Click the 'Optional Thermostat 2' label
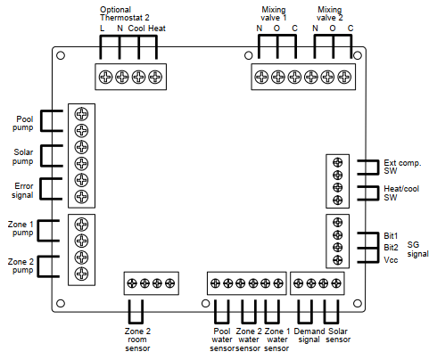[x=125, y=13]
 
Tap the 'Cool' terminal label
[x=136, y=29]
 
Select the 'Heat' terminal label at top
[x=157, y=29]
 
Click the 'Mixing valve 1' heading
[x=274, y=13]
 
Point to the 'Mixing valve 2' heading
[x=329, y=13]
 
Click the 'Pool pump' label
[x=23, y=123]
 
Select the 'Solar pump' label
[x=23, y=157]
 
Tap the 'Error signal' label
[x=22, y=191]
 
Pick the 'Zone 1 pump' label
[x=21, y=228]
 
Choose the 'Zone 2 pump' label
[x=21, y=266]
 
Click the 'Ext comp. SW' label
[x=402, y=167]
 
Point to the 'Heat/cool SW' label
[x=401, y=193]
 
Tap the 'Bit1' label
[x=391, y=236]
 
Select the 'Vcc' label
[x=391, y=260]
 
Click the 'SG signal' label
[x=418, y=250]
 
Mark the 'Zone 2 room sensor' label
[x=137, y=340]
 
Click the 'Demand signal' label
[x=309, y=335]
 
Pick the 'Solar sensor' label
[x=338, y=335]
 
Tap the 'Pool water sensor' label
[x=222, y=340]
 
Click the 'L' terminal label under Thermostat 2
[x=103, y=29]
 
